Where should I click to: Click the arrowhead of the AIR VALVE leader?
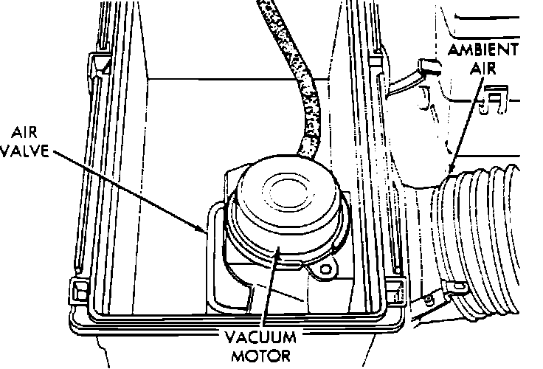[207, 231]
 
